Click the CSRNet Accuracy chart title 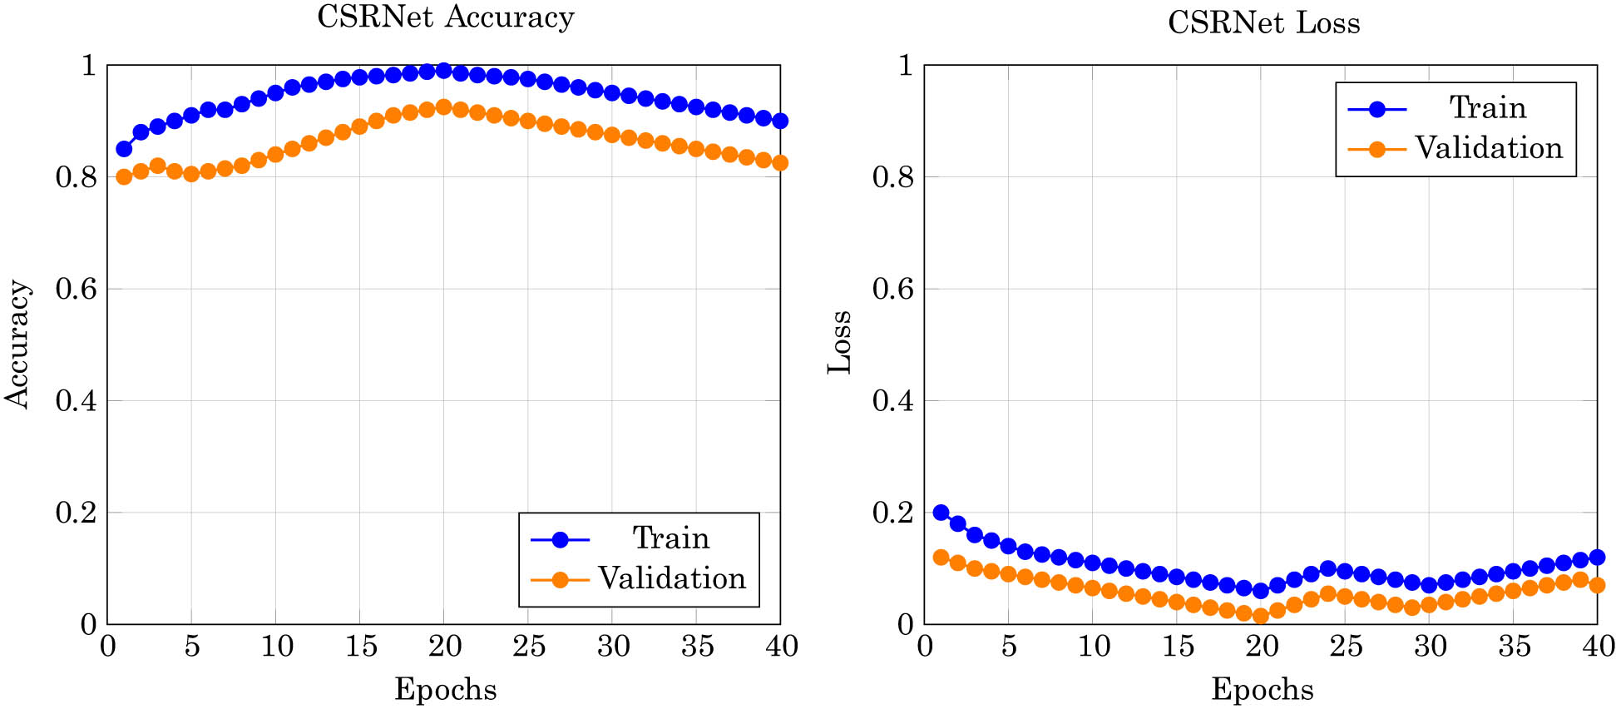tap(445, 17)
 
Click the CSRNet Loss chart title tap(1263, 22)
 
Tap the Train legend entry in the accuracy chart tap(670, 538)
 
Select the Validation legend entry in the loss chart tap(1488, 148)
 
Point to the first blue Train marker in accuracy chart tap(124, 149)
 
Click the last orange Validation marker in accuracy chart tap(779, 163)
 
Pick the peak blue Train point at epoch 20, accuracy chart tap(443, 71)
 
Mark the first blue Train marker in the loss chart tap(941, 513)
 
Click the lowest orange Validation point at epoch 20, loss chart tap(1260, 616)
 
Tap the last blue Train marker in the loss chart tap(1597, 558)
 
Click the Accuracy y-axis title tap(18, 344)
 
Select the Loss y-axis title tap(840, 342)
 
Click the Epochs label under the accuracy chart tap(445, 689)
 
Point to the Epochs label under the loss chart tap(1262, 689)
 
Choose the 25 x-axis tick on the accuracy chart tap(528, 646)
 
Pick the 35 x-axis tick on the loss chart tap(1514, 646)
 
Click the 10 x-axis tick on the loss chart tap(1093, 646)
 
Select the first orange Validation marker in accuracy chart tap(124, 176)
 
